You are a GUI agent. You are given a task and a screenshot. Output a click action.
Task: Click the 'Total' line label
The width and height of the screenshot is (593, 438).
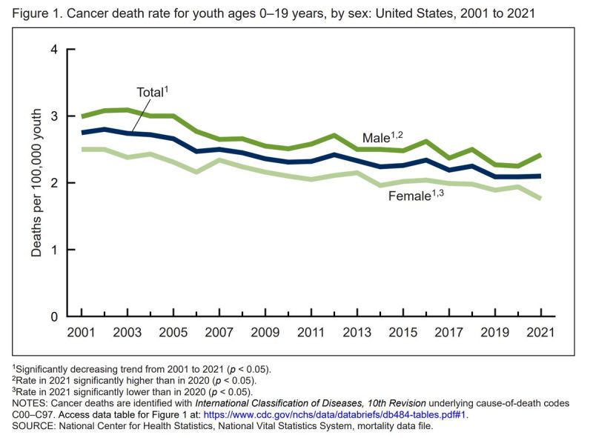point(150,93)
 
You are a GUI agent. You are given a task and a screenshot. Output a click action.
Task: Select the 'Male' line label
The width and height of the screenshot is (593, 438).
point(377,139)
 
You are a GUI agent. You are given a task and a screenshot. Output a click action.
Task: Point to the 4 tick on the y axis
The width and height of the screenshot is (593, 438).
point(53,50)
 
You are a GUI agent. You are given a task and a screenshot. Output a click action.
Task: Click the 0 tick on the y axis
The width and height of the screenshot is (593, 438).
point(53,317)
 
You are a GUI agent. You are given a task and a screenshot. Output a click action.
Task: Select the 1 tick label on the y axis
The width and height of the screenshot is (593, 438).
point(53,250)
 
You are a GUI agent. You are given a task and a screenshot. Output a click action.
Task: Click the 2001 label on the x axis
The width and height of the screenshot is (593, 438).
point(82,334)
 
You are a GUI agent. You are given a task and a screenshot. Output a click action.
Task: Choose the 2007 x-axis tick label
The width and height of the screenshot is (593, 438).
point(219,334)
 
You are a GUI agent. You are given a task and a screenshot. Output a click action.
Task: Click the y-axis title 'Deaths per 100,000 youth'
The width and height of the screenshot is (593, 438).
point(36,183)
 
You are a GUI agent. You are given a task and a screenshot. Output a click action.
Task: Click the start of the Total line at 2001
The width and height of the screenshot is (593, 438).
point(82,132)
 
